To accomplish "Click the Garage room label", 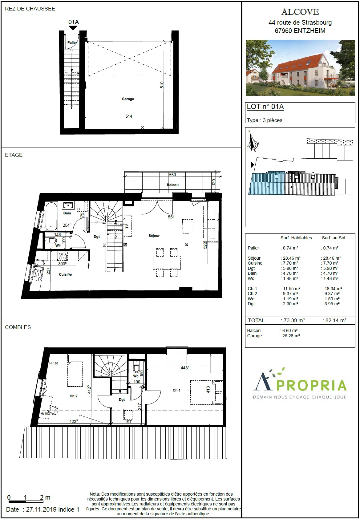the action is [128, 99].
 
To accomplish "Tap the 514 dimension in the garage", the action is [129, 116].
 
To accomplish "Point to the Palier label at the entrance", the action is [72, 43].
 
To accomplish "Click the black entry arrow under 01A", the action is [73, 28].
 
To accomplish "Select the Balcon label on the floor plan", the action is [172, 185].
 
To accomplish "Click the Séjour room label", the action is [154, 236].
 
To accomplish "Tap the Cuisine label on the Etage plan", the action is [65, 274].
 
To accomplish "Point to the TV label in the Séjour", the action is [127, 226].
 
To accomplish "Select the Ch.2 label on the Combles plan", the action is [73, 396].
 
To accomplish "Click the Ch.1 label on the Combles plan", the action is [176, 390].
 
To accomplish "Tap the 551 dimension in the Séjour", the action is [171, 217].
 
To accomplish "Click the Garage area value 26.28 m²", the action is [291, 336].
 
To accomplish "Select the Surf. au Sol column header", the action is [334, 238].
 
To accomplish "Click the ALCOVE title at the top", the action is [300, 12].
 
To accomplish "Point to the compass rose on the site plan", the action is [253, 142].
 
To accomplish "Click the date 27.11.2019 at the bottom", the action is [41, 509].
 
